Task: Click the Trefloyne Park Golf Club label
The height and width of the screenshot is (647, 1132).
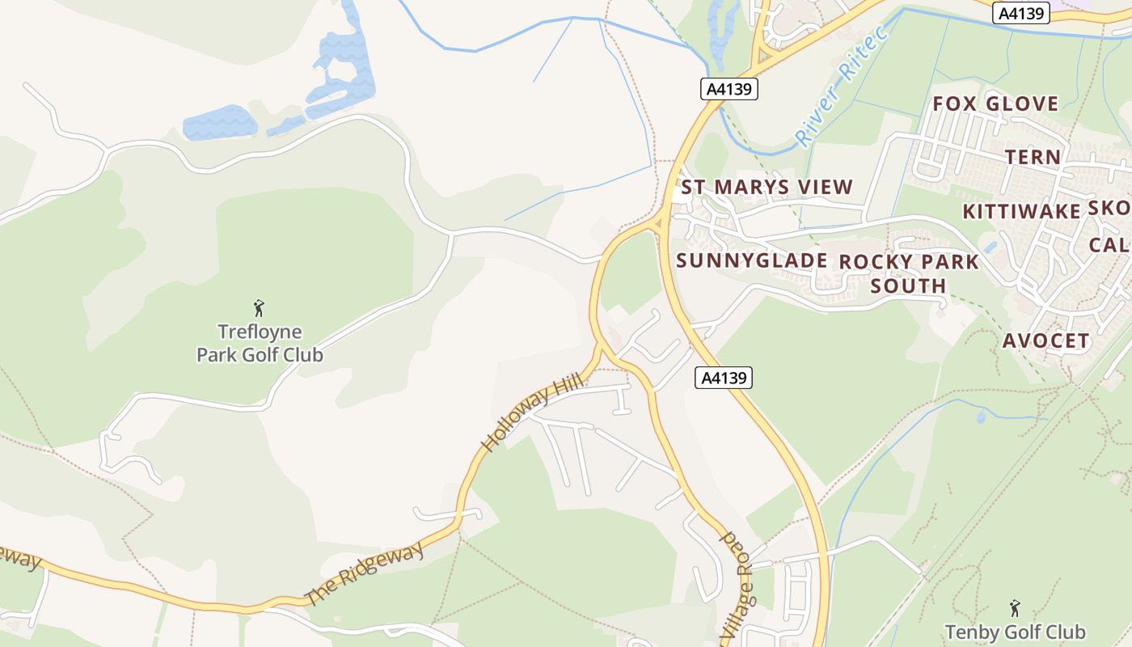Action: point(260,343)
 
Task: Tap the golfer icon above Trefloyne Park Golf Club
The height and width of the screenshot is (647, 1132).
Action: point(259,308)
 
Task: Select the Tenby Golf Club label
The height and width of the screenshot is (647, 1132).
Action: point(1015,632)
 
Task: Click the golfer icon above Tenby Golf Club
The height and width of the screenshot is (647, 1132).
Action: point(1015,607)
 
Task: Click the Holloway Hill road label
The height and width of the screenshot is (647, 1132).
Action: point(531,413)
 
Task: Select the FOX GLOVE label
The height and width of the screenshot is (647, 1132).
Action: point(995,104)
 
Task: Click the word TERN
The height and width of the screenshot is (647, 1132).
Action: point(1033,157)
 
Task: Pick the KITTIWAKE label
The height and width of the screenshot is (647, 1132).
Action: point(1021,211)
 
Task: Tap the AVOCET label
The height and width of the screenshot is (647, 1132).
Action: point(1045,340)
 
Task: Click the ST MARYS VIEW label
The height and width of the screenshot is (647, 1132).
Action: point(767,188)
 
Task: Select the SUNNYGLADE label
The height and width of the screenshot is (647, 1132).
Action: point(751,260)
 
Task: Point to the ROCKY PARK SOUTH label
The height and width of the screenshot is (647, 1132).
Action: point(909,273)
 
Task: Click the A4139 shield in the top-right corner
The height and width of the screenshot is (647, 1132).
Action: point(1021,13)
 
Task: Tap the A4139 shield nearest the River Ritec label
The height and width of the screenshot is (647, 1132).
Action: point(729,89)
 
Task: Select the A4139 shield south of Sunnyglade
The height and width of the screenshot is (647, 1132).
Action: point(724,377)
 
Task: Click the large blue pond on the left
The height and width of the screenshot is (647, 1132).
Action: point(219,124)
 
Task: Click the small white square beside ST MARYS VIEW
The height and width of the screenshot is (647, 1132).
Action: point(678,194)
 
